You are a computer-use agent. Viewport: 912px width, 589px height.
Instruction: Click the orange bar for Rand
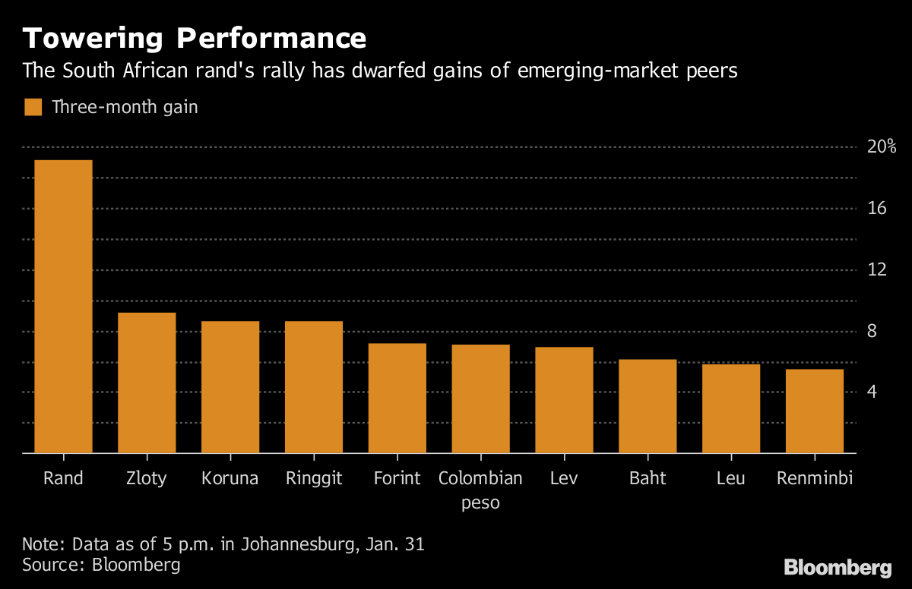coord(63,307)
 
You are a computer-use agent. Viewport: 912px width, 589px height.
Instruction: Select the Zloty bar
coord(147,383)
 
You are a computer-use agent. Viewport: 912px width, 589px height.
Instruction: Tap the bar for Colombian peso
coord(480,398)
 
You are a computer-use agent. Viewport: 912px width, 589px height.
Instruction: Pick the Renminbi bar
coord(814,411)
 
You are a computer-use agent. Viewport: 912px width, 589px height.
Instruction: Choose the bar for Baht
coord(648,406)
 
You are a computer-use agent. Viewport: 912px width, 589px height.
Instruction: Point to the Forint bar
coord(397,398)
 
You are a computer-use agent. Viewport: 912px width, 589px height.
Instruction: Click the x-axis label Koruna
coord(230,479)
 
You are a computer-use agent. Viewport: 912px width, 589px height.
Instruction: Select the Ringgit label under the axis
coord(313,479)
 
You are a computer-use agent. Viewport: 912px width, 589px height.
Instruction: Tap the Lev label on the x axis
coord(564,479)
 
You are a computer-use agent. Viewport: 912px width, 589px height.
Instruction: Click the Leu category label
coord(730,479)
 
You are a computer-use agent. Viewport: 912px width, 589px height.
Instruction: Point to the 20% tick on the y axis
coord(882,147)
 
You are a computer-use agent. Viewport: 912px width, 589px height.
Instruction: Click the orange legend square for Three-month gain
coord(33,107)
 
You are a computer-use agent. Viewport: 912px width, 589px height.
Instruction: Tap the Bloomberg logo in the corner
coord(838,567)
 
